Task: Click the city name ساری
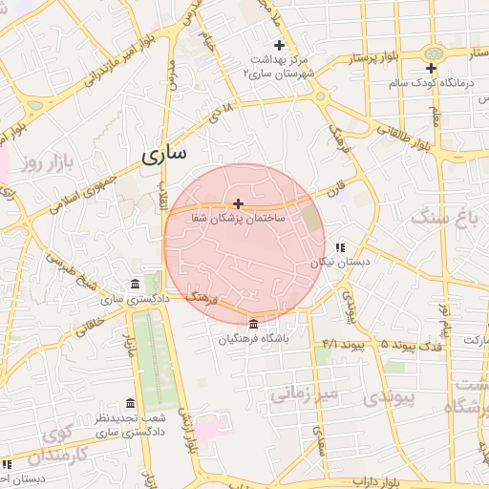[164, 153]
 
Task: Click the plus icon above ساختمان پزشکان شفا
[238, 203]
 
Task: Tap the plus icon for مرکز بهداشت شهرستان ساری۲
[279, 45]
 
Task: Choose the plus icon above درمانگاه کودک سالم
[431, 68]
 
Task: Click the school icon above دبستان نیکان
[339, 247]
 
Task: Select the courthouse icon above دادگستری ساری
[133, 285]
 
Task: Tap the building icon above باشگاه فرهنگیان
[252, 324]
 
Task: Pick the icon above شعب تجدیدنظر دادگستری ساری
[130, 403]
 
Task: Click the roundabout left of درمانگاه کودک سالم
[434, 52]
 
